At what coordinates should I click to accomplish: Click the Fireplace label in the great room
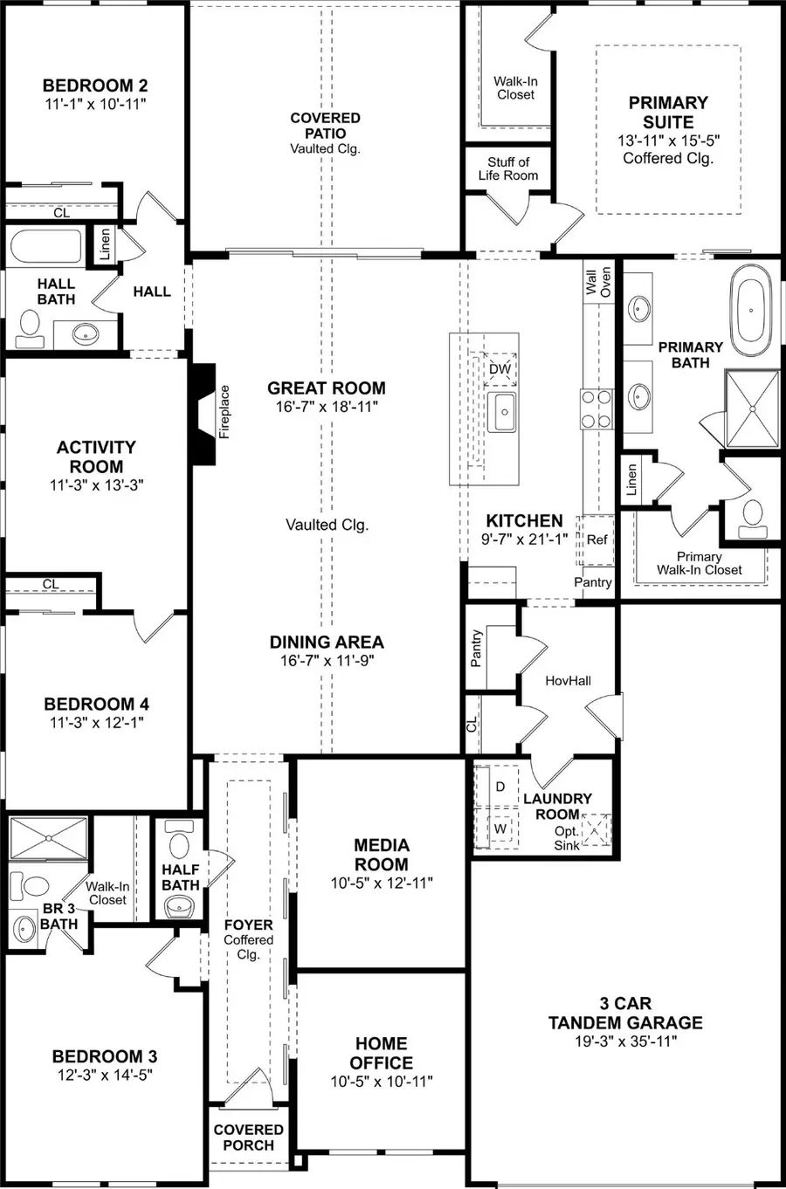(x=224, y=411)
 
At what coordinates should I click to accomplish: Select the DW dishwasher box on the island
(x=500, y=369)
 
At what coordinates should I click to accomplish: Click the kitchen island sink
(x=502, y=411)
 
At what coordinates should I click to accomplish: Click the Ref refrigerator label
(x=596, y=540)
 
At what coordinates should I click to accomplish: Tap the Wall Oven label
(x=598, y=282)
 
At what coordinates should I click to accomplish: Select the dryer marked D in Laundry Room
(x=500, y=786)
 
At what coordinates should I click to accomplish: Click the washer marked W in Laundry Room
(x=500, y=828)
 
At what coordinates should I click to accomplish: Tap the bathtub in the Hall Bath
(x=45, y=246)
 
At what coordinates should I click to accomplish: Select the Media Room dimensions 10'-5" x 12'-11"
(x=382, y=883)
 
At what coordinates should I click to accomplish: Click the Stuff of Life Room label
(x=508, y=168)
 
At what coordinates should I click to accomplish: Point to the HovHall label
(x=569, y=680)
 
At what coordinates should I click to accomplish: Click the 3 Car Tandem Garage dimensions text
(x=625, y=1041)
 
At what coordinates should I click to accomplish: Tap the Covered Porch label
(x=248, y=1137)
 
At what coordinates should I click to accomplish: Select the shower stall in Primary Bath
(x=752, y=408)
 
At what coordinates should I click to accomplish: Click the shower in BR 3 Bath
(x=48, y=839)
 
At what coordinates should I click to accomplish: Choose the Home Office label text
(x=382, y=1053)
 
